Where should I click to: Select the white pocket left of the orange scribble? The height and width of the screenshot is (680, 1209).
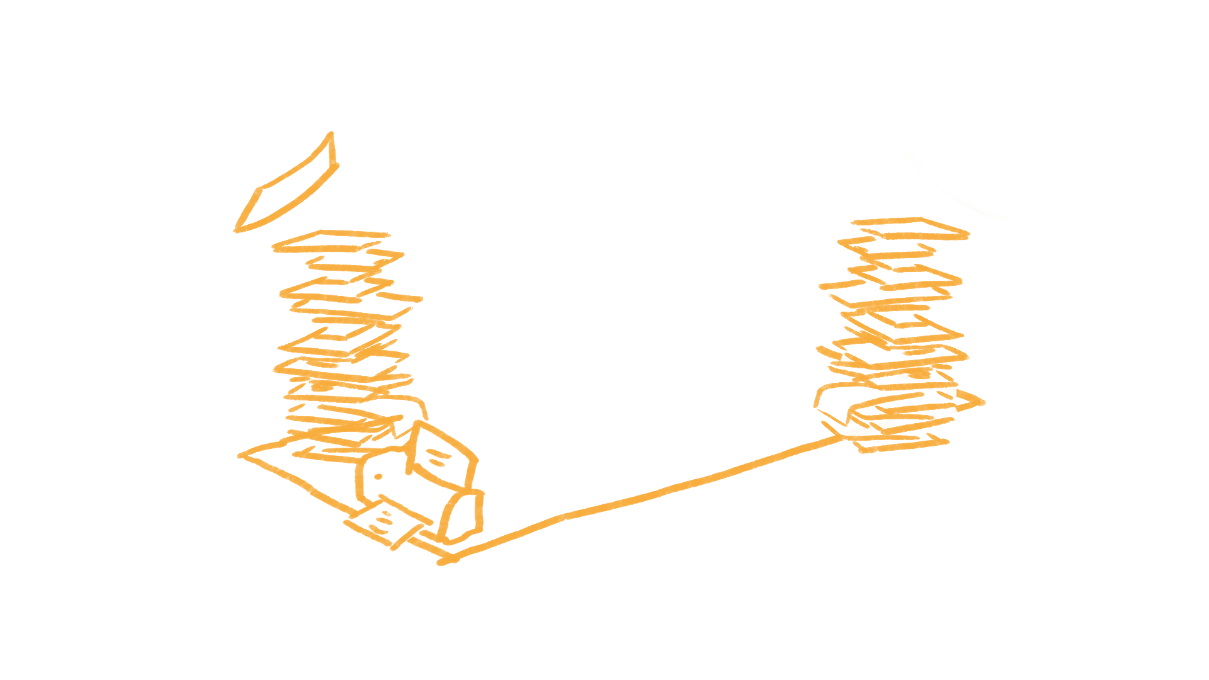pyautogui.click(x=255, y=378)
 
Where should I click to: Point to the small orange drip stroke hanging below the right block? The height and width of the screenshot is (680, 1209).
pyautogui.click(x=817, y=399)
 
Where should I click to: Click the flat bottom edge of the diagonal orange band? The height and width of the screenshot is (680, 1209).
pyautogui.click(x=460, y=565)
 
